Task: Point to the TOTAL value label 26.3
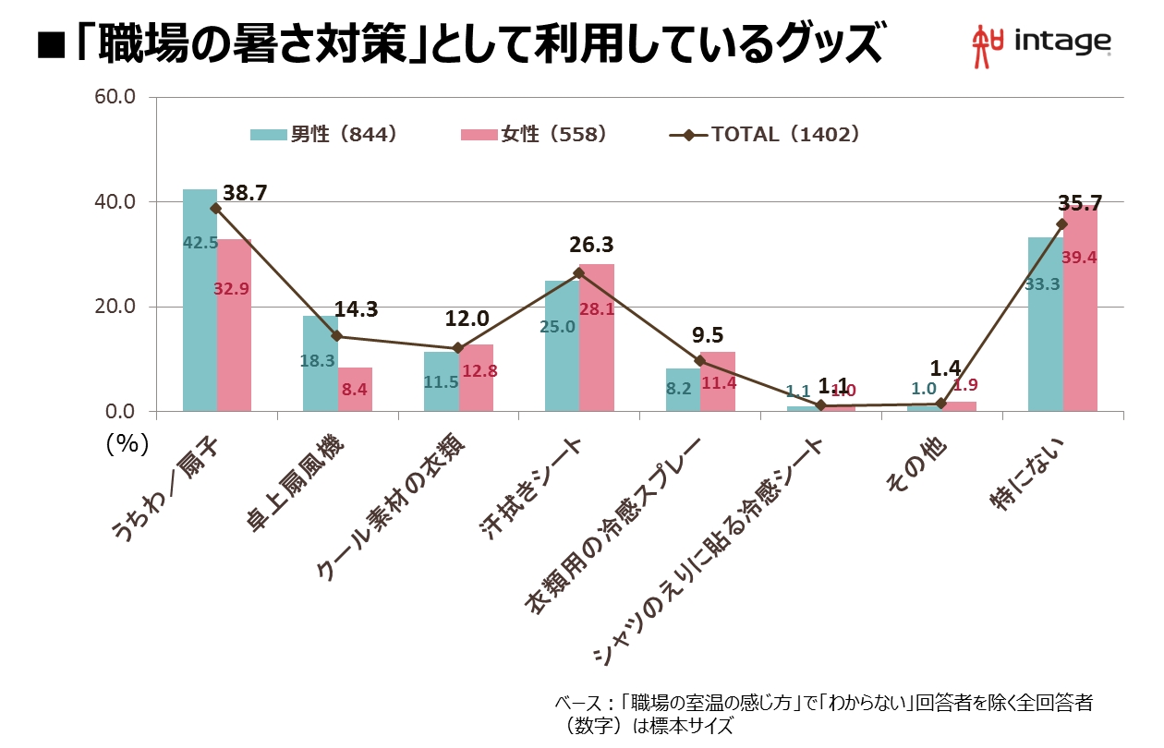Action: click(592, 246)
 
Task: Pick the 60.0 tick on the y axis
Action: click(116, 96)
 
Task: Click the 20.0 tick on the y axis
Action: click(116, 307)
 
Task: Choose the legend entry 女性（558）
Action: click(533, 134)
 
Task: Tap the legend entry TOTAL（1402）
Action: click(766, 134)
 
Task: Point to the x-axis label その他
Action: click(915, 466)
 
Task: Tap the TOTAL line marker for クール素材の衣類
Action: click(457, 348)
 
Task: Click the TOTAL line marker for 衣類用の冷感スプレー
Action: click(699, 361)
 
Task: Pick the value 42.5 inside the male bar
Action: click(200, 243)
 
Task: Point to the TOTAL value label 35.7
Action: click(1081, 203)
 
